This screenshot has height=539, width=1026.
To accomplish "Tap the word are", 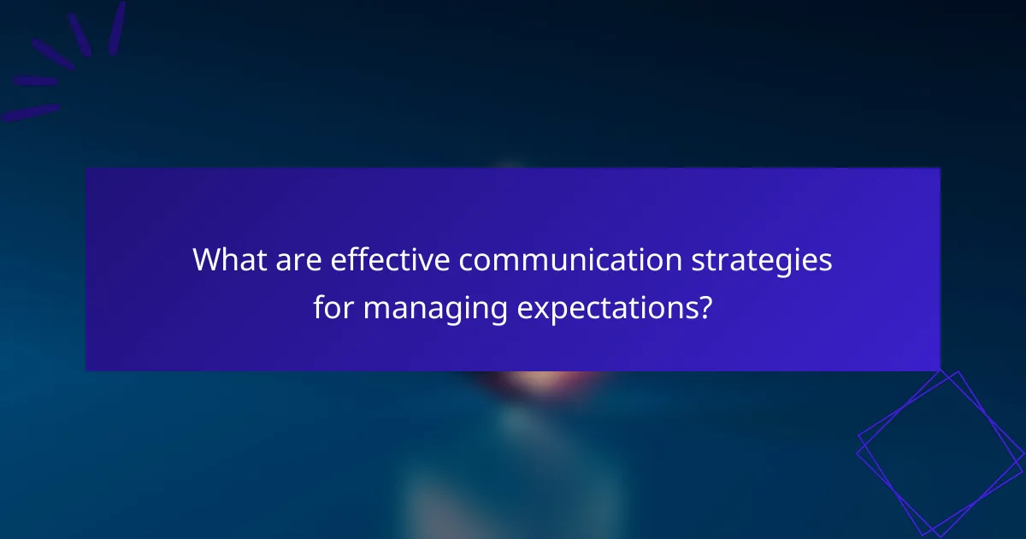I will click(x=296, y=260).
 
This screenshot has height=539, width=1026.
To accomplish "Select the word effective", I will click(x=388, y=260).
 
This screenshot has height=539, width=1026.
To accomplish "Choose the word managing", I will click(x=435, y=308).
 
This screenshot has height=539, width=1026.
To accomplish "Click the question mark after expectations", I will click(x=705, y=305).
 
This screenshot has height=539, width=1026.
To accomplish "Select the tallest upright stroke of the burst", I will click(x=117, y=27).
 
